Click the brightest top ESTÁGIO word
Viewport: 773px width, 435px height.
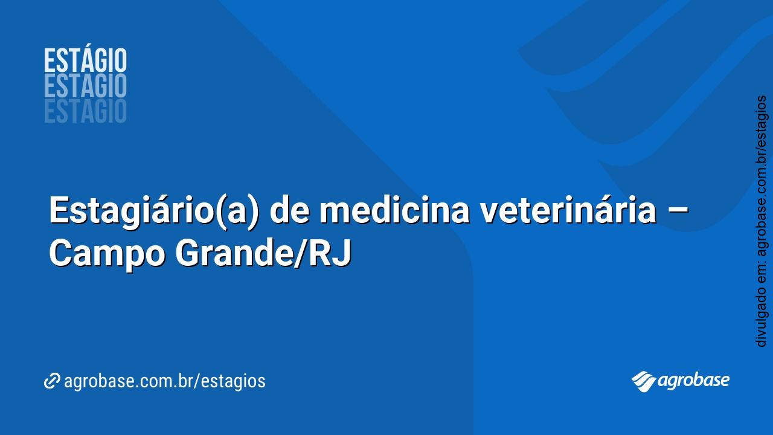[85, 61]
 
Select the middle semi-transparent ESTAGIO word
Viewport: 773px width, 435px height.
[85, 86]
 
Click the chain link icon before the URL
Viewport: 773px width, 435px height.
[52, 381]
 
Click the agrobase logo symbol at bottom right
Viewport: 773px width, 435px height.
[644, 381]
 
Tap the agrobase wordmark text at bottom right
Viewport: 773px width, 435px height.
[694, 381]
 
